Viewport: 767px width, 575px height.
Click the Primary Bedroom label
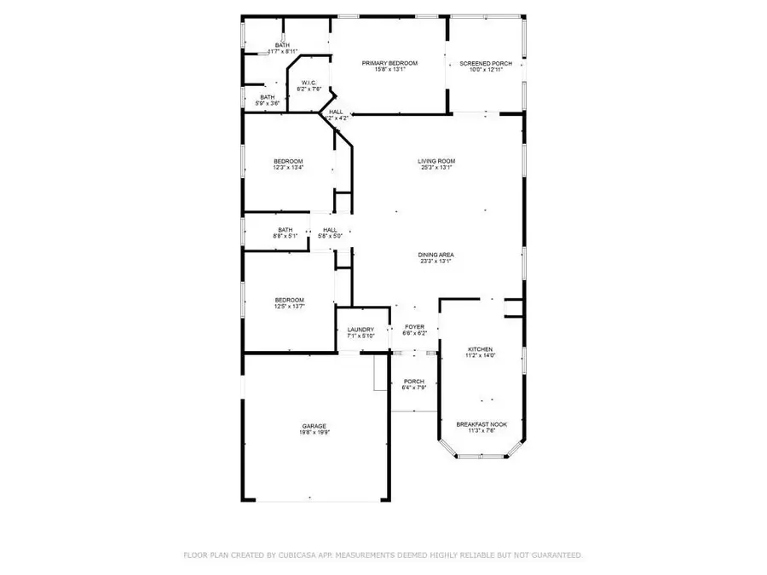click(x=389, y=64)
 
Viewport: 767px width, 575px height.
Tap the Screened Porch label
click(x=481, y=64)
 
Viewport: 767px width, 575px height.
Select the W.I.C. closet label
click(x=309, y=83)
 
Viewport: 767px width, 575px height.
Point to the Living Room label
click(x=435, y=161)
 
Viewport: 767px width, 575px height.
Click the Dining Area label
click(x=435, y=255)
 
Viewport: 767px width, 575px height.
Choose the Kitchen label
click(x=480, y=349)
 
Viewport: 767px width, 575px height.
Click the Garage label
click(x=314, y=426)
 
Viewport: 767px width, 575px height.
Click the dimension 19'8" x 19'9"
click(x=314, y=433)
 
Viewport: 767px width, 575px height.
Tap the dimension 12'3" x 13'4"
click(x=288, y=168)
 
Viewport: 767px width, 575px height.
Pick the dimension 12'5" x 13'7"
click(x=289, y=306)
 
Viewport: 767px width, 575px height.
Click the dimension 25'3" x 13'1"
click(x=435, y=168)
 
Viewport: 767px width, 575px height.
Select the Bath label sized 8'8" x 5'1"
click(x=285, y=229)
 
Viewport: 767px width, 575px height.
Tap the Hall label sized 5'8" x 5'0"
click(x=330, y=229)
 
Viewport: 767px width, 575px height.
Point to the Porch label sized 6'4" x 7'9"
click(x=413, y=381)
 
